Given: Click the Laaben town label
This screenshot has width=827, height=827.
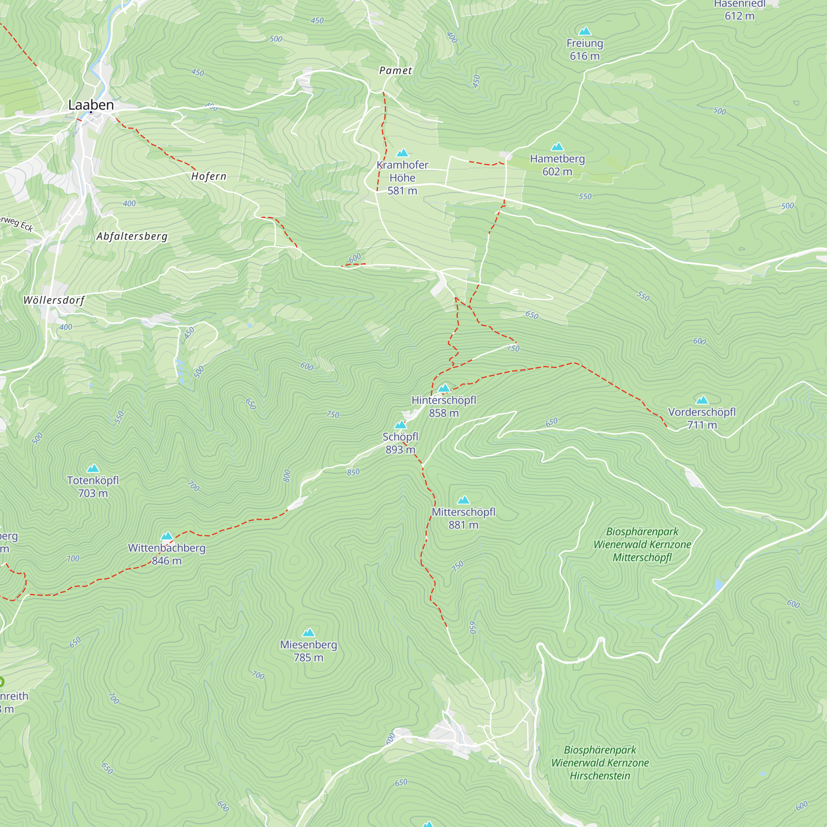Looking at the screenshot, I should (91, 105).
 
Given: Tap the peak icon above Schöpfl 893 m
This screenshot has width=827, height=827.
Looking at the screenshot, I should (400, 425).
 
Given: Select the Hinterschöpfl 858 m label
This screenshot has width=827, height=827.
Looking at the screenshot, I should (444, 406).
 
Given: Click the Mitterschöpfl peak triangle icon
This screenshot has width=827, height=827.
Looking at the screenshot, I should (464, 500).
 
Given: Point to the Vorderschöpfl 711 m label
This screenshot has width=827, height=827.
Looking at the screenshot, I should (702, 418).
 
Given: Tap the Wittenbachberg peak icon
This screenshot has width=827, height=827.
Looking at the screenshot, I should (167, 536).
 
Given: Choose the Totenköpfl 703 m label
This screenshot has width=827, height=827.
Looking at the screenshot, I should (93, 487).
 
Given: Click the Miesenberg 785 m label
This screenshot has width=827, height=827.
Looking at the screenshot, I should (308, 651).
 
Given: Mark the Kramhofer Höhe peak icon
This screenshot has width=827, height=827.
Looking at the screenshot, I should (402, 153).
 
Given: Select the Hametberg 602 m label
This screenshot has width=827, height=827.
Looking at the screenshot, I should (557, 165).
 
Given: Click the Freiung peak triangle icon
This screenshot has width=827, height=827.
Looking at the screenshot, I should (585, 31).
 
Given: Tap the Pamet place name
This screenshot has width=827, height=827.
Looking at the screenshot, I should (396, 71).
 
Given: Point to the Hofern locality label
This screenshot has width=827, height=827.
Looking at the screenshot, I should (208, 177).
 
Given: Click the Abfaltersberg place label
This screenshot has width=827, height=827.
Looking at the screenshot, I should (132, 236).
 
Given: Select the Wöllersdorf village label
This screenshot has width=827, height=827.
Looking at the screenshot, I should (54, 300).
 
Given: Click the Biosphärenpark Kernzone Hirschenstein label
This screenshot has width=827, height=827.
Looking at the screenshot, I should (600, 763).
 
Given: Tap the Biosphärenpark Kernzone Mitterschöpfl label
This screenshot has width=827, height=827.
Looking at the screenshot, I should (642, 545).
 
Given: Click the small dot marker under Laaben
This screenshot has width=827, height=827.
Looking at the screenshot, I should (91, 112).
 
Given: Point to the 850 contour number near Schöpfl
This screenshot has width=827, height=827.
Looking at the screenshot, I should (353, 472).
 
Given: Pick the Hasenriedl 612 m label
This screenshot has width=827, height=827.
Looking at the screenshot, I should (739, 10).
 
